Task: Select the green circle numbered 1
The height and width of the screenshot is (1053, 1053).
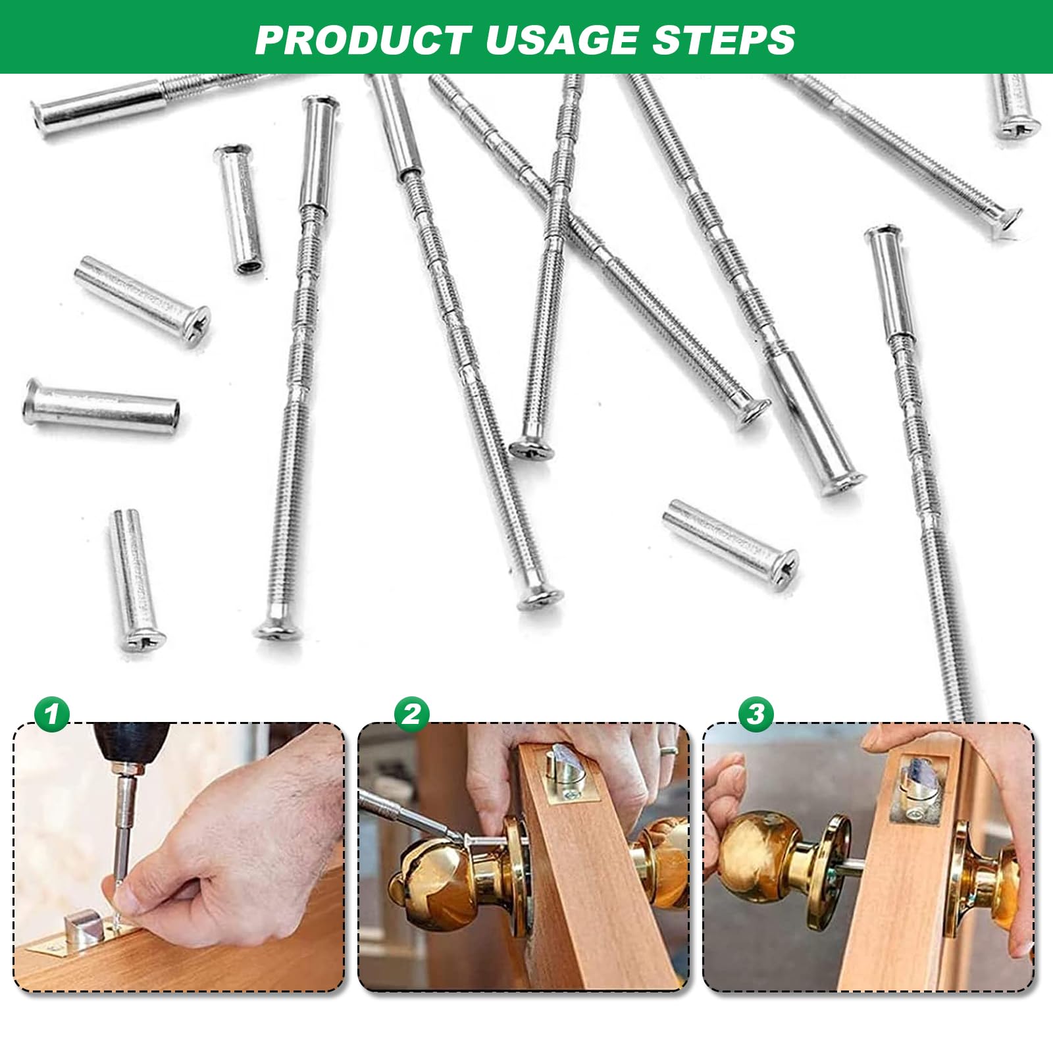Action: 52,713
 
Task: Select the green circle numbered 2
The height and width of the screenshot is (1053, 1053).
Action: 411,713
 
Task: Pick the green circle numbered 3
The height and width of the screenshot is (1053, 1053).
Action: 756,713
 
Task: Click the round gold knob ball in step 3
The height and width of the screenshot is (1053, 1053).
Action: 757,856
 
